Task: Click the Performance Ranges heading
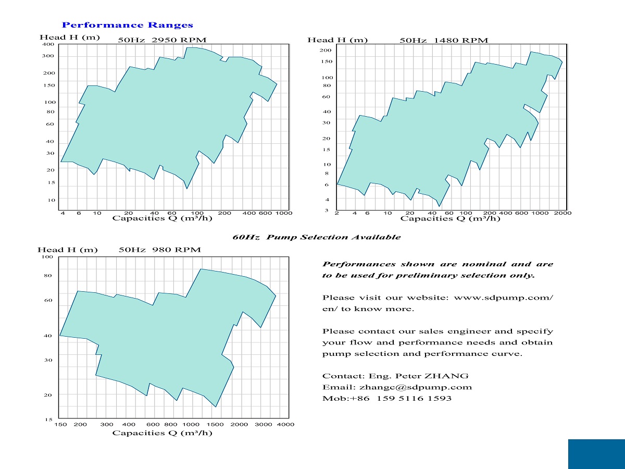tap(127, 25)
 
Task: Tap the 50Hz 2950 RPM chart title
tap(162, 40)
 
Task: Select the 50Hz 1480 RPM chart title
tap(444, 40)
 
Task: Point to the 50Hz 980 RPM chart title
tap(159, 250)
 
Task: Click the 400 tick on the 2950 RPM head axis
tap(47, 44)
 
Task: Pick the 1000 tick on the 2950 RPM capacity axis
tap(284, 213)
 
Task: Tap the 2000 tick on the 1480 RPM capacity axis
tap(563, 213)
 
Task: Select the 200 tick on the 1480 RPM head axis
tap(326, 50)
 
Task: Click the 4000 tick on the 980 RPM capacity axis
tap(286, 424)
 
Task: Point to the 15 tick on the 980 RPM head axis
tap(48, 419)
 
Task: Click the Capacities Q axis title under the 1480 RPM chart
tap(450, 219)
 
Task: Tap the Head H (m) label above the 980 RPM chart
tap(68, 250)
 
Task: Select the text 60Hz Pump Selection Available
tap(316, 237)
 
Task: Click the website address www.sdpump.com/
tap(504, 298)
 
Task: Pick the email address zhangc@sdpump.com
tap(408, 387)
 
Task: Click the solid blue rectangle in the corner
tap(596, 454)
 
